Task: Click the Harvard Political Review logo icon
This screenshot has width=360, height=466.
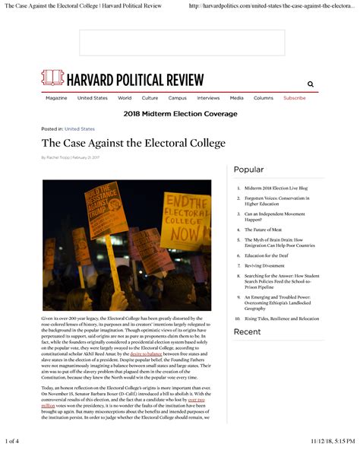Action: [x=52, y=78]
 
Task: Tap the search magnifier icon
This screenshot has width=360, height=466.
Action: [x=310, y=84]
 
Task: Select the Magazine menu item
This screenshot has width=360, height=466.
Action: [x=56, y=98]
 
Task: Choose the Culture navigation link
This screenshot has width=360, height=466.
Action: [x=150, y=98]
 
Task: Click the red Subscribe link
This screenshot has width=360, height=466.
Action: [x=295, y=98]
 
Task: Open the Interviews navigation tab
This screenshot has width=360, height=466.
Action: [x=208, y=98]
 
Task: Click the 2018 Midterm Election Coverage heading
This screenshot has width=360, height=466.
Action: [x=180, y=114]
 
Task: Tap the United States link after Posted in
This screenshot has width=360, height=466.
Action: [x=80, y=129]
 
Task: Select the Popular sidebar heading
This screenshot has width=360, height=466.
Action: [x=248, y=170]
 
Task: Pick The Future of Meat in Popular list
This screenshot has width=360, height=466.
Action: [x=263, y=229]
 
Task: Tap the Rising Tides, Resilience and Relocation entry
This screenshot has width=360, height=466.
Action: [x=281, y=319]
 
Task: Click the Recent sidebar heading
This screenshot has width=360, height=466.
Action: [x=247, y=332]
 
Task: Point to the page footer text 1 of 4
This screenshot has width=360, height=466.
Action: [x=11, y=441]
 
